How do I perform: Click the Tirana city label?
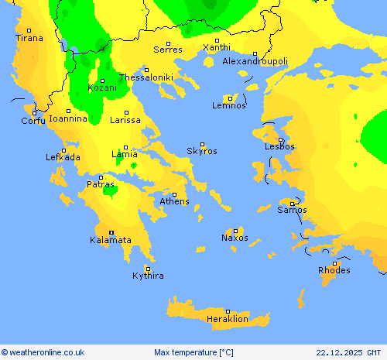[30, 38]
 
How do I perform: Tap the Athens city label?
[174, 202]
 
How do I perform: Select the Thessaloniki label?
[146, 77]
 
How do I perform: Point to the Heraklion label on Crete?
[228, 319]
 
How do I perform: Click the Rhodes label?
[334, 271]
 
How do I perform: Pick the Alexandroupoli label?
[255, 61]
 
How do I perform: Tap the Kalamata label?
[111, 241]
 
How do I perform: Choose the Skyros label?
[202, 152]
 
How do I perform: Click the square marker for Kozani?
[101, 81]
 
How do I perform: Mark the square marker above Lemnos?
[230, 98]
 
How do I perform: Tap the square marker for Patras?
[101, 177]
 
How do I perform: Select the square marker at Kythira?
[147, 269]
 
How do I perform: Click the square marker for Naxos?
[235, 231]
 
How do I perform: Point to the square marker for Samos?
[292, 204]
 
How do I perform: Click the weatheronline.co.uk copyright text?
[43, 352]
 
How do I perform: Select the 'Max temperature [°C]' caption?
[193, 352]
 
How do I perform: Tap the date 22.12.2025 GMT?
[349, 352]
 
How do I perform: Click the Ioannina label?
[67, 119]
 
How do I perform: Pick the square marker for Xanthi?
[217, 40]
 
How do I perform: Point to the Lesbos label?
[279, 146]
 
